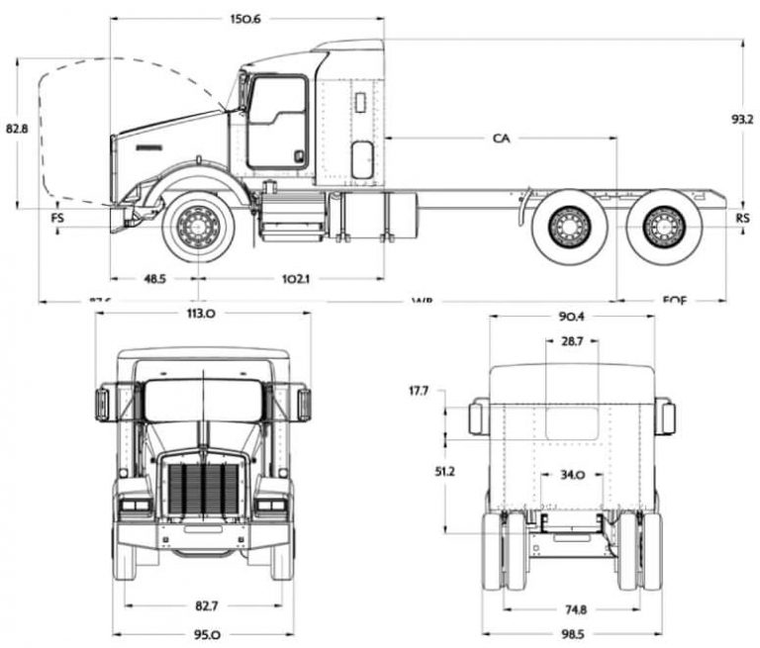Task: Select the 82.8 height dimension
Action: pos(17,129)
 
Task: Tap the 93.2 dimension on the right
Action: pos(741,119)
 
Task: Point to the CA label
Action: pos(502,139)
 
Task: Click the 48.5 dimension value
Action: pos(154,279)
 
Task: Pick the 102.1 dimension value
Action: pos(296,279)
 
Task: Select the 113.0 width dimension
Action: pos(201,314)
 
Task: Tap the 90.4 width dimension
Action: pos(572,317)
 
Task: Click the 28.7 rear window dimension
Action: pos(572,340)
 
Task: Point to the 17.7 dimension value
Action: pos(418,392)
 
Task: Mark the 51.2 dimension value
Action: pos(417,471)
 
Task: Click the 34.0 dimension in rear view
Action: pos(572,475)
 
